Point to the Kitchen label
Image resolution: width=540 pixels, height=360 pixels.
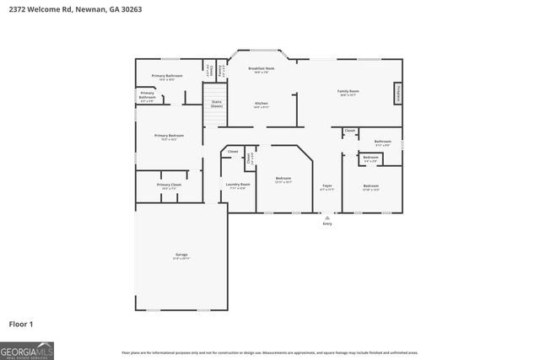(262, 104)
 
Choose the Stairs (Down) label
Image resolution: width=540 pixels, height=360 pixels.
(217, 105)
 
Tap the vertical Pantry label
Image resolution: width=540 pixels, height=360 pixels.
(220, 71)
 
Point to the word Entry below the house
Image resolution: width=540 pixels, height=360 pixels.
(327, 223)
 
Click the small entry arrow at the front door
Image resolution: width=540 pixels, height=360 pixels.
(327, 217)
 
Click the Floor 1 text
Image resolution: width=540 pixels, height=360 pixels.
(21, 323)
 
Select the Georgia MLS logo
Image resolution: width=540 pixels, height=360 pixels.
(27, 350)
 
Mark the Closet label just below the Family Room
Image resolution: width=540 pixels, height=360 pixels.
(349, 131)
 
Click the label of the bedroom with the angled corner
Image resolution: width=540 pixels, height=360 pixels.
(283, 179)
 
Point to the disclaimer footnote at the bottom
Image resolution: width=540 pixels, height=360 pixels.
(269, 352)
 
